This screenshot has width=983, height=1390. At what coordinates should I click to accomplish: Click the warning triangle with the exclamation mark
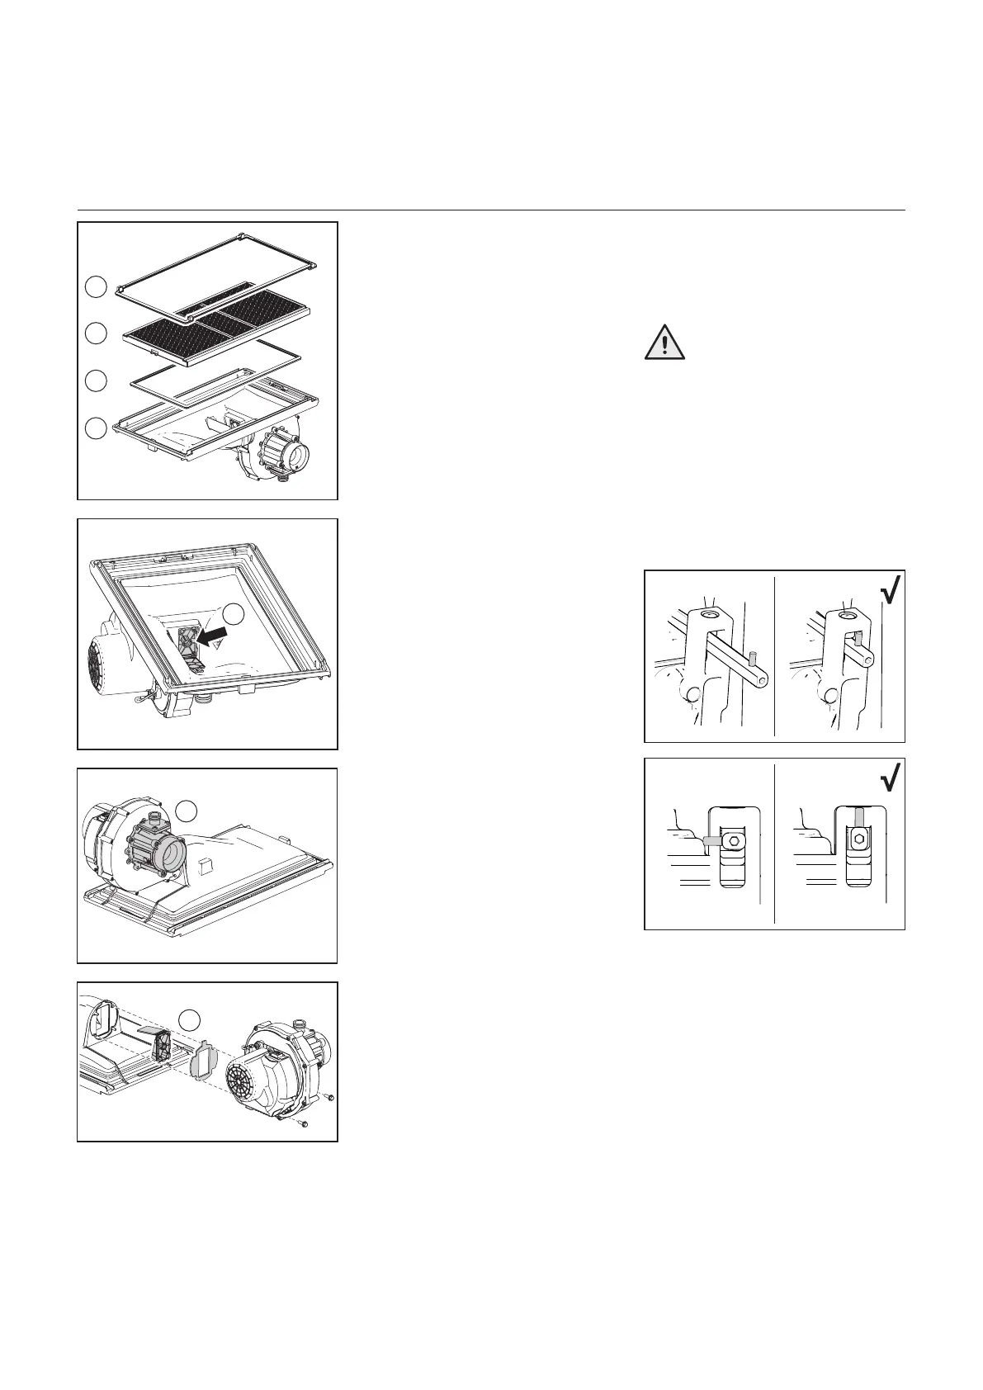(x=664, y=343)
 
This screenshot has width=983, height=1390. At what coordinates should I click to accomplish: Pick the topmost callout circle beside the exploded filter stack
(x=97, y=286)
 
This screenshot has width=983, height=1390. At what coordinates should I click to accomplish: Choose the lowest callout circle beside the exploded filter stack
(x=97, y=428)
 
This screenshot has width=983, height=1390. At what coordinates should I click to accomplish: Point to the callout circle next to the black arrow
(x=235, y=613)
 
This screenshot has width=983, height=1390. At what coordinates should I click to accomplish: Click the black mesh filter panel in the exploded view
(x=216, y=320)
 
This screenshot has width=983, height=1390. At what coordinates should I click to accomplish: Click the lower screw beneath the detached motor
(x=305, y=1124)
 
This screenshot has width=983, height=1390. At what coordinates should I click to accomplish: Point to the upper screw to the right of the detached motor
(x=329, y=1097)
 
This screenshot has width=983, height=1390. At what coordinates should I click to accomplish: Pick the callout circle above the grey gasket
(x=189, y=1019)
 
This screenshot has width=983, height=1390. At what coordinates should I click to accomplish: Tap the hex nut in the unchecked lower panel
(x=730, y=840)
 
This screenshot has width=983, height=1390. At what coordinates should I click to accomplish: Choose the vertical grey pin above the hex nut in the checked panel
(x=858, y=818)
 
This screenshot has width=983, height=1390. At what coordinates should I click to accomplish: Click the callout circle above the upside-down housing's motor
(x=188, y=811)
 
